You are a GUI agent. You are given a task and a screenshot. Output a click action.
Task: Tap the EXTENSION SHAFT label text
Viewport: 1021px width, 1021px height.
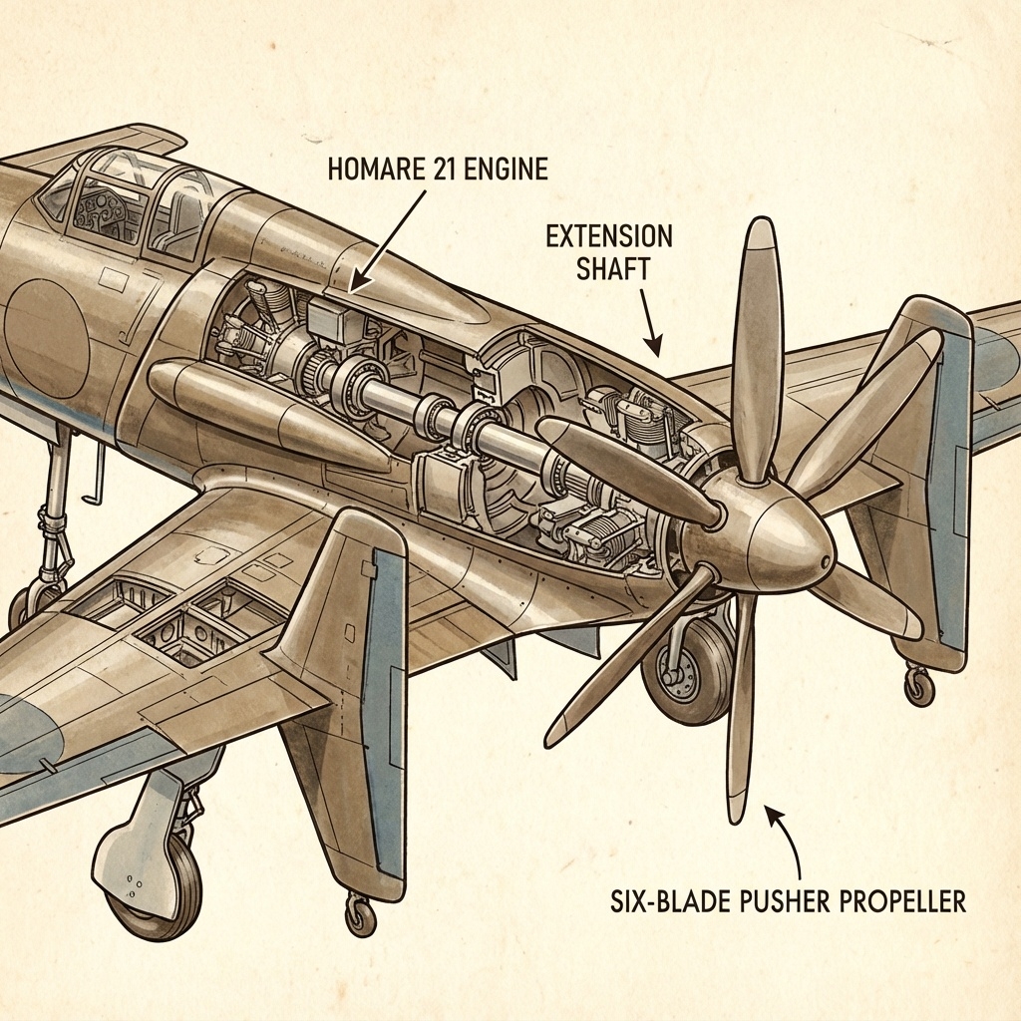pos(608,252)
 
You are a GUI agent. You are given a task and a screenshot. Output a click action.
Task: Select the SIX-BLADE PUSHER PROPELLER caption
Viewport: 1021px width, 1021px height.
pos(787,901)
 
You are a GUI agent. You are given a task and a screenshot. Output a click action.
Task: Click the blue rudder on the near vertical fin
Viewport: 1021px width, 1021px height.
pos(383,698)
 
